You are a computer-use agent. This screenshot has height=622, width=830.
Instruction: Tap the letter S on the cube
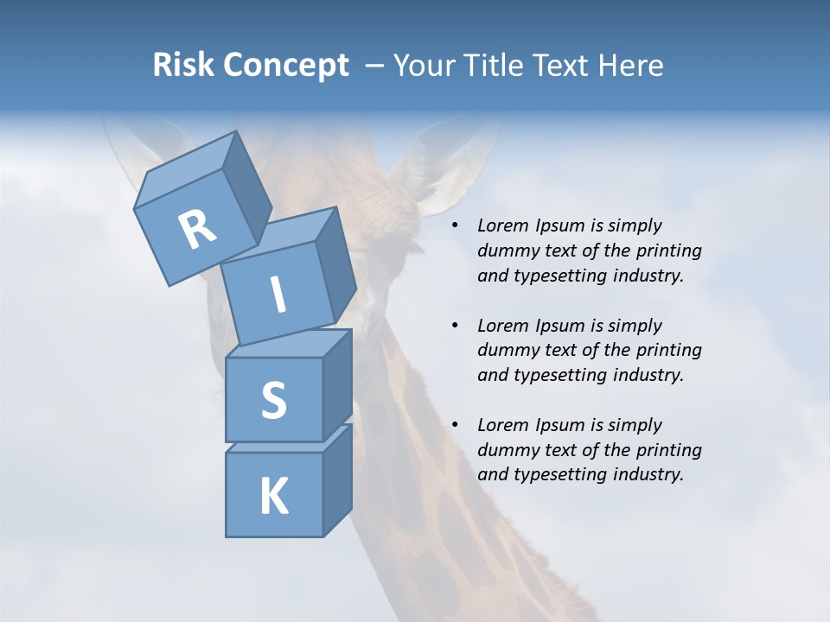click(273, 401)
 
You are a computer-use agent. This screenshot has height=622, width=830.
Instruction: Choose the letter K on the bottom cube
click(273, 497)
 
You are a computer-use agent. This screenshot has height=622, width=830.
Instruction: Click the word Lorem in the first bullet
click(501, 226)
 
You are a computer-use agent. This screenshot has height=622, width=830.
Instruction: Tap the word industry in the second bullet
click(648, 375)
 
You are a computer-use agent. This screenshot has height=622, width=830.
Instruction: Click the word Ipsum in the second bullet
click(561, 326)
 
